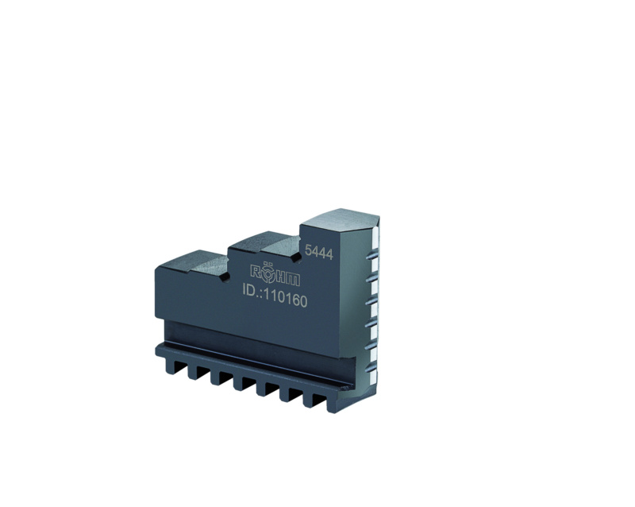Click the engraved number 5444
pyautogui.click(x=319, y=252)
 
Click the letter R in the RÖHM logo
pyautogui.click(x=256, y=271)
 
